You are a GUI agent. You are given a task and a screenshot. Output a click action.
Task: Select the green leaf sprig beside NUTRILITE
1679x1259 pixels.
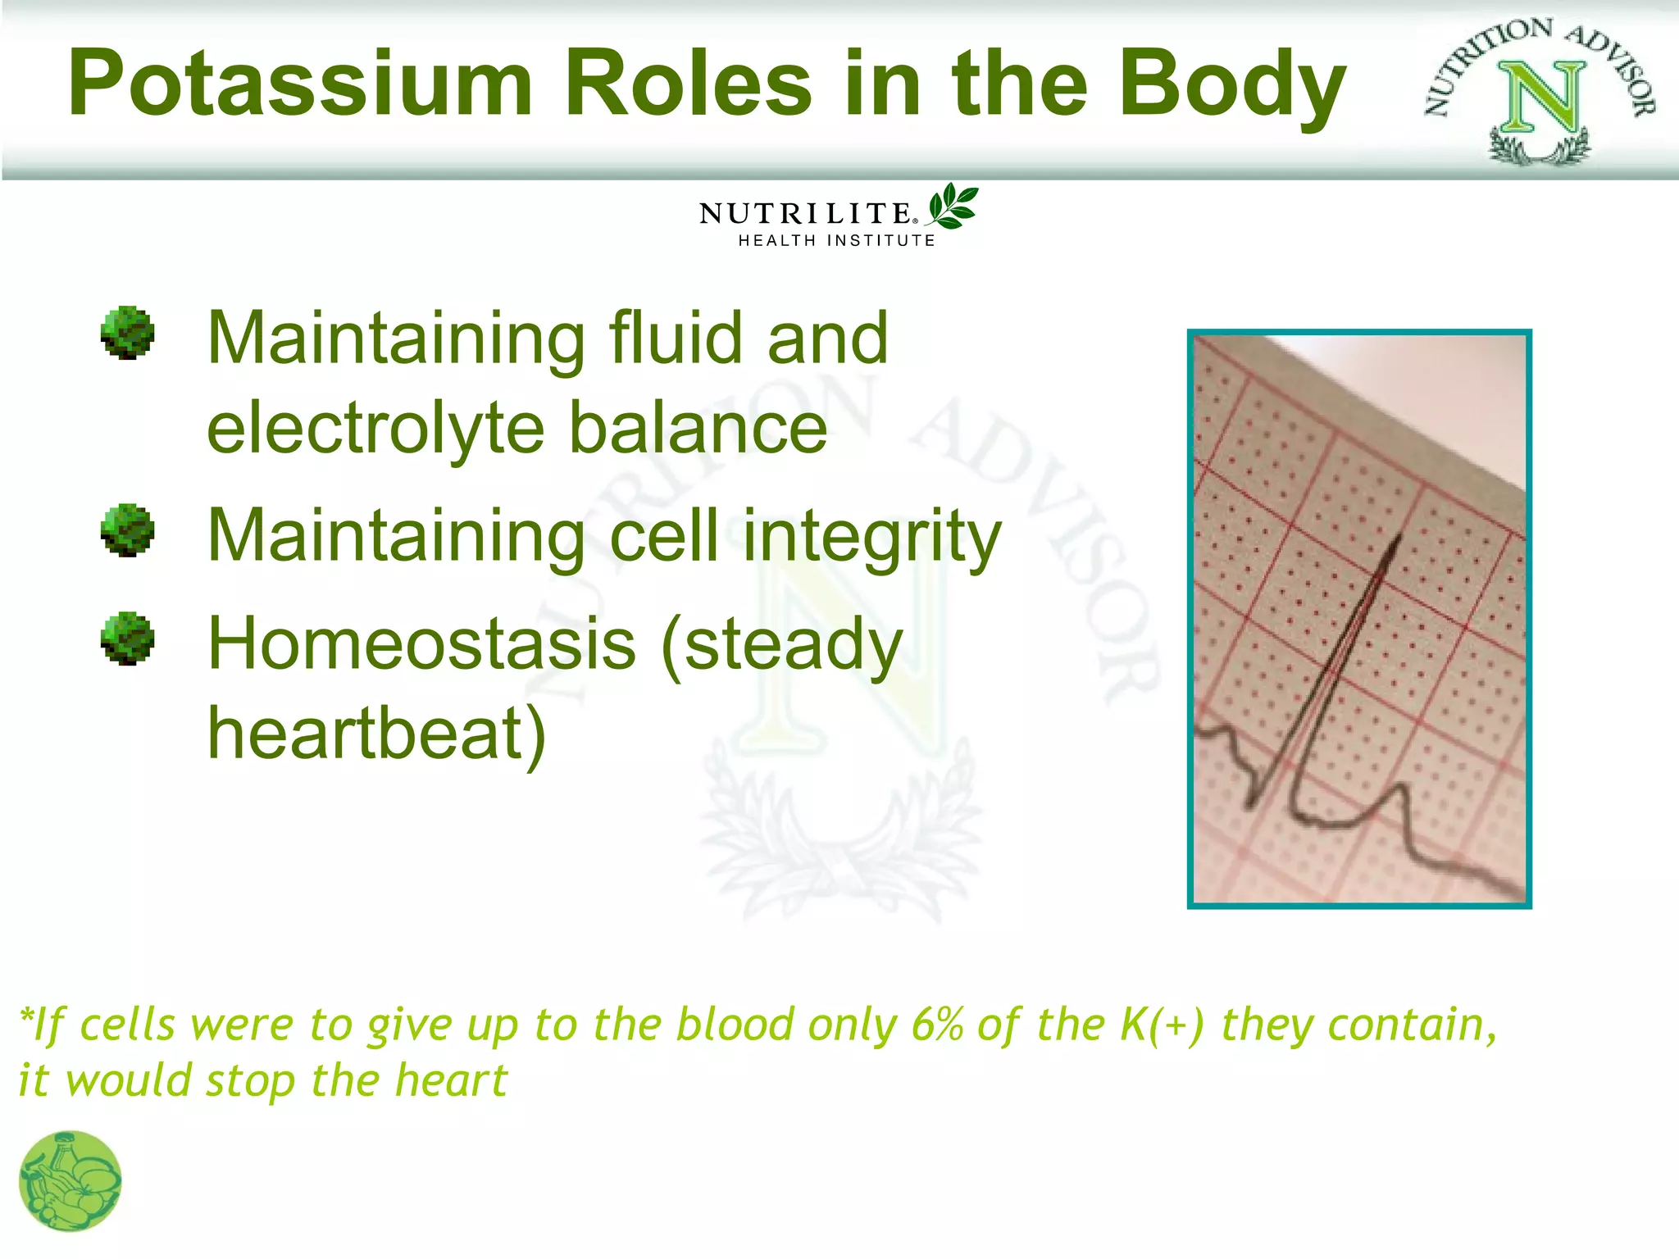953,206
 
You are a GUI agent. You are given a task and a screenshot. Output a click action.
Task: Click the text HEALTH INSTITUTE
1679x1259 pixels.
836,241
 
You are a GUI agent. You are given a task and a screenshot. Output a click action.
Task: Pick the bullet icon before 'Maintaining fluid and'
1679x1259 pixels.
127,333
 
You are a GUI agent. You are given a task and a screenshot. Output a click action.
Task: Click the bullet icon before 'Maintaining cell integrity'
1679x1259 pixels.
127,530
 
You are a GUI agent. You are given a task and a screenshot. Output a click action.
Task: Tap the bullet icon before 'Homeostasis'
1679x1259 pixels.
127,638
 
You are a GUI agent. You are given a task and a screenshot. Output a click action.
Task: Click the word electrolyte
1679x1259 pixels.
375,428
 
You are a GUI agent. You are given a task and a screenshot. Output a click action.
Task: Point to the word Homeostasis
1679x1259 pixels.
421,644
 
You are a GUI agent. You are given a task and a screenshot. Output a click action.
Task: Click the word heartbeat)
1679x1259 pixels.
376,734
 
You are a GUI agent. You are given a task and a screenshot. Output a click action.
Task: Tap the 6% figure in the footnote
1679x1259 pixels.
937,1025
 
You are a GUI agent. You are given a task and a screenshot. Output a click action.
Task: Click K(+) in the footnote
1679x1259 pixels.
1162,1025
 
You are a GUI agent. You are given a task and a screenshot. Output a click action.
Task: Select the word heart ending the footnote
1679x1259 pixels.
451,1080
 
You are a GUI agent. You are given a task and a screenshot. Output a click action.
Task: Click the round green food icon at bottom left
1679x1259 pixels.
70,1181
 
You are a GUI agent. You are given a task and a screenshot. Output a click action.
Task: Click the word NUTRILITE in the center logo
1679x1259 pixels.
805,214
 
